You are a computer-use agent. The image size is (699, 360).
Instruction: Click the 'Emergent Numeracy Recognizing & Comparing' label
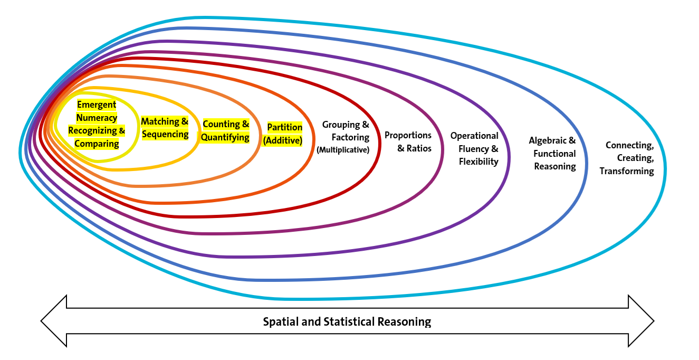coord(97,124)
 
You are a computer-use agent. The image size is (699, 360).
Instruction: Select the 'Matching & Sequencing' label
coord(165,128)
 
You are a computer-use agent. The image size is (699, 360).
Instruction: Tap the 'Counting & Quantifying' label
coord(226,131)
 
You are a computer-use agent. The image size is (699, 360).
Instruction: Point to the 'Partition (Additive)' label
coord(284,134)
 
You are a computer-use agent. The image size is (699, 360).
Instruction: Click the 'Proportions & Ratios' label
coord(408,142)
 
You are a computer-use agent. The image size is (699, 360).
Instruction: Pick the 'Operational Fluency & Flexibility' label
coord(474,149)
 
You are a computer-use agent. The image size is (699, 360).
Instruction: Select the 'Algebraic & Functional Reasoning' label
coord(552,154)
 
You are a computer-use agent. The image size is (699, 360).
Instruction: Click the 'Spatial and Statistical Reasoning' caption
coord(347,321)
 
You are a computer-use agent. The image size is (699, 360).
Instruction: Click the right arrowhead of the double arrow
coord(641,321)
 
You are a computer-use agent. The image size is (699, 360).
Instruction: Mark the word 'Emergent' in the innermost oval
coord(97,105)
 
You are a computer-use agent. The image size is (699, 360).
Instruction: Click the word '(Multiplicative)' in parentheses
coord(342,150)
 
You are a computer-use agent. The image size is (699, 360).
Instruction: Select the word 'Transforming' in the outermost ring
coord(627,171)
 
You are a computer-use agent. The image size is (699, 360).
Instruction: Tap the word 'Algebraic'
coord(548,141)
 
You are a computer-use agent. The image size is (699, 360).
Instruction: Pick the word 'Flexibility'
coord(478,162)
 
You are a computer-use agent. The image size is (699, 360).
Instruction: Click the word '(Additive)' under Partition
coord(282,140)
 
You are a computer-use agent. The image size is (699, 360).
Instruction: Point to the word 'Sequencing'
coord(165,134)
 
